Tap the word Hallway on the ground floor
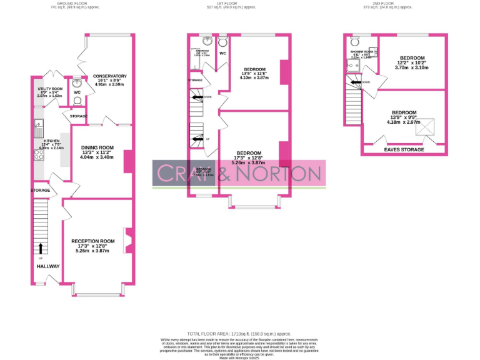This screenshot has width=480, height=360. (47, 266)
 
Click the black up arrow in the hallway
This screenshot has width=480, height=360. (41, 247)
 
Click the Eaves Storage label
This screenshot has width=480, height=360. (404, 150)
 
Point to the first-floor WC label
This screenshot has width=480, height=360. (222, 54)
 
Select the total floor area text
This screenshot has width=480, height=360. (239, 334)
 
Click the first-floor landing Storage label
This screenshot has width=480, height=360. (196, 81)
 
